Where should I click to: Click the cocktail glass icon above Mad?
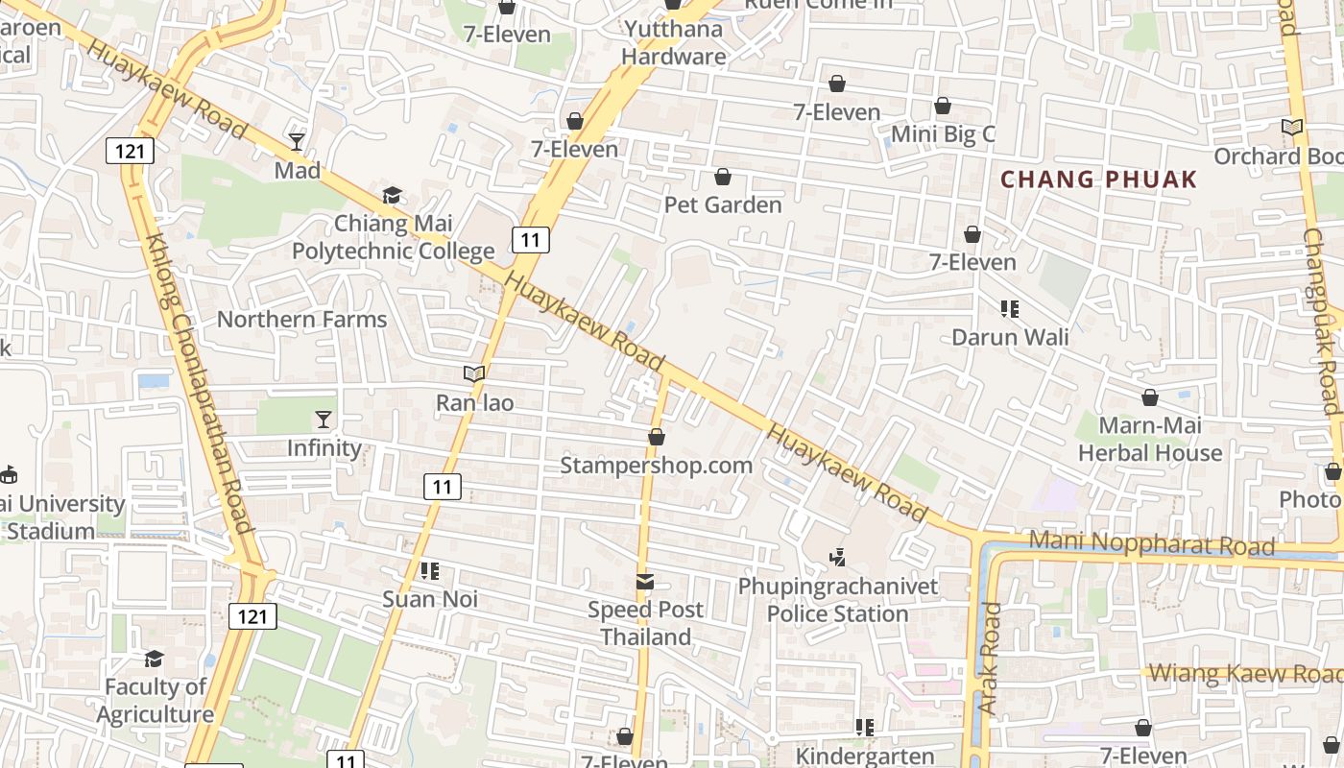click(297, 142)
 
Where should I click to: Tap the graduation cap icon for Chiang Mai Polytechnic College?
click(392, 196)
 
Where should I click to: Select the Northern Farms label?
click(301, 320)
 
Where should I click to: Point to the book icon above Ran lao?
click(474, 374)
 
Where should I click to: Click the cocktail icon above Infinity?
click(323, 420)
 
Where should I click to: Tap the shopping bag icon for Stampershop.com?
click(657, 438)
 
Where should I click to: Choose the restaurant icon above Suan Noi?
click(429, 571)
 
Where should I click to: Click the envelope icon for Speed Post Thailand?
click(645, 582)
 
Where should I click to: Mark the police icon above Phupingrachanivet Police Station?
click(838, 557)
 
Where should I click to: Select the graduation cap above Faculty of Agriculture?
click(154, 659)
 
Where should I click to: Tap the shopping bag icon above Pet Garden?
click(723, 177)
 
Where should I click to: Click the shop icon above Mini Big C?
click(943, 106)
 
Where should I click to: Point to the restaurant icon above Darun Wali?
click(1009, 309)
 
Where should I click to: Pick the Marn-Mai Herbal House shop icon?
click(1150, 397)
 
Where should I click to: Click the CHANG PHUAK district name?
click(1099, 180)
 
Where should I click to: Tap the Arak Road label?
click(989, 658)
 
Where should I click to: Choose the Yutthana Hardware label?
click(673, 42)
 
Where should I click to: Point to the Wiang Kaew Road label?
click(1245, 674)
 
